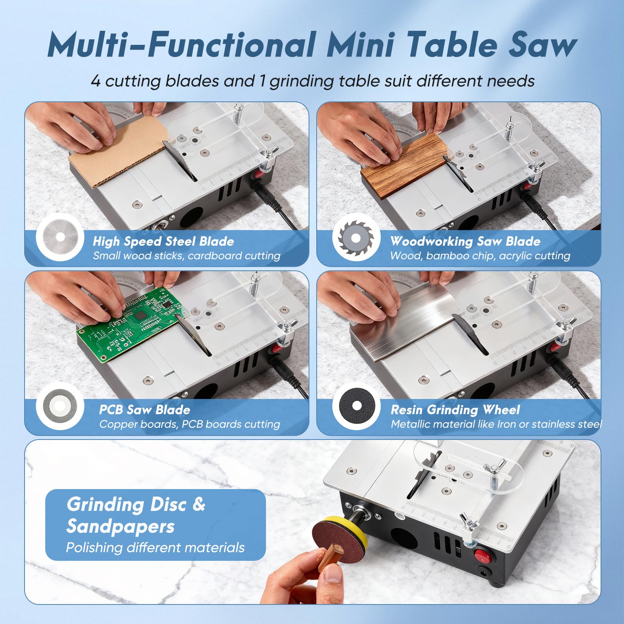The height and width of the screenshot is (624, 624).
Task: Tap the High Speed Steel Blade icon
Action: tap(60, 237)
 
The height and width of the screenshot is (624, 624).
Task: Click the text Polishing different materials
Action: tap(155, 548)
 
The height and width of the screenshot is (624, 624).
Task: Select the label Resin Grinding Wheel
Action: tap(455, 409)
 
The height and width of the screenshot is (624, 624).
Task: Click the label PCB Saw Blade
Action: tap(145, 409)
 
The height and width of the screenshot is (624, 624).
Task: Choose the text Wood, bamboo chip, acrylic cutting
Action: tap(480, 256)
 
